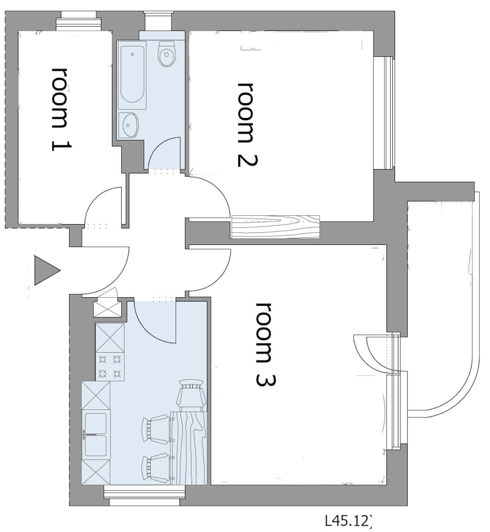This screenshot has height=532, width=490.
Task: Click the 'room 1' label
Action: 61,109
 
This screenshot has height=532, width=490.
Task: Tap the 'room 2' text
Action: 247,124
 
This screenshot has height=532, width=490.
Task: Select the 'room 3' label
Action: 266,344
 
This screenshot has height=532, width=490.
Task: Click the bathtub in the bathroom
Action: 132,75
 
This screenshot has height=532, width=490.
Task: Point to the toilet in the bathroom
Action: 167,54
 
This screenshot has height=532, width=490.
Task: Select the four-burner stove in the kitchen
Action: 110,367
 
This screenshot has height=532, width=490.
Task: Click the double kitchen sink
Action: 96,434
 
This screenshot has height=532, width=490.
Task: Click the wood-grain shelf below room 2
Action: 275,227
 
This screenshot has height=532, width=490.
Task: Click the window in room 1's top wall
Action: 79,21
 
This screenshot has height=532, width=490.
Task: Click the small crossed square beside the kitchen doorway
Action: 107,310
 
